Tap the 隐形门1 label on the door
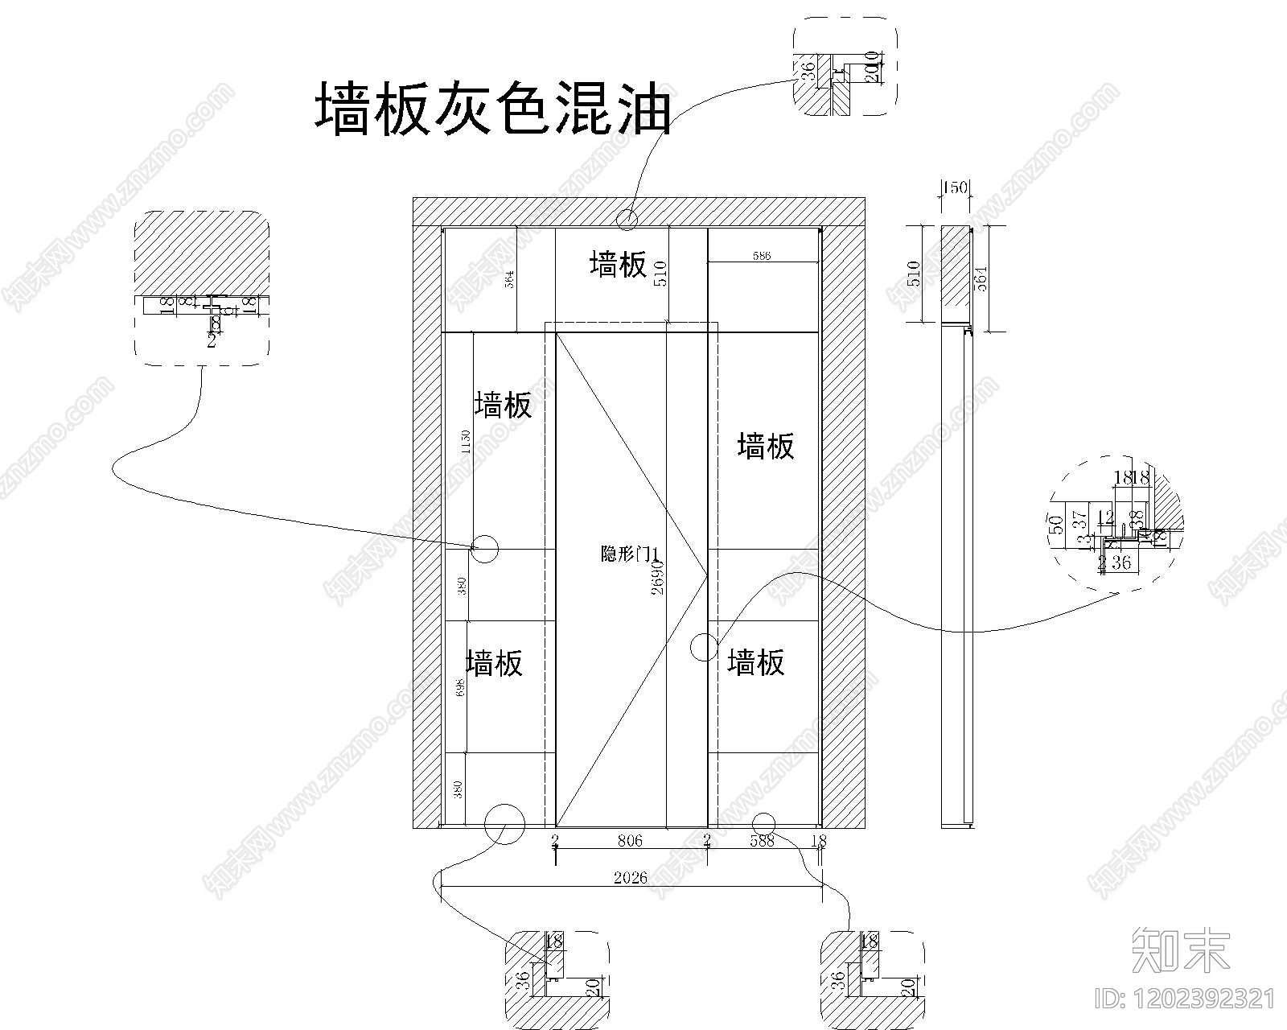coord(630,554)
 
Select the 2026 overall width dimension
coord(631,877)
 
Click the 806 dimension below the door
coord(630,841)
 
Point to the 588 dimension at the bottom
coord(761,841)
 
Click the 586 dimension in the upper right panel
coord(761,256)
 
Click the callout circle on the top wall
coord(627,217)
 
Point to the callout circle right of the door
coord(704,647)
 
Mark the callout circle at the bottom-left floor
coord(504,823)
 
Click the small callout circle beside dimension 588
coord(763,822)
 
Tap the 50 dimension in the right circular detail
coord(1058,524)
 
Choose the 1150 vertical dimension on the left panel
coord(465,442)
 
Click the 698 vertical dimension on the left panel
coord(460,686)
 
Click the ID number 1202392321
coord(1186,999)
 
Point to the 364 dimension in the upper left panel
coord(509,278)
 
